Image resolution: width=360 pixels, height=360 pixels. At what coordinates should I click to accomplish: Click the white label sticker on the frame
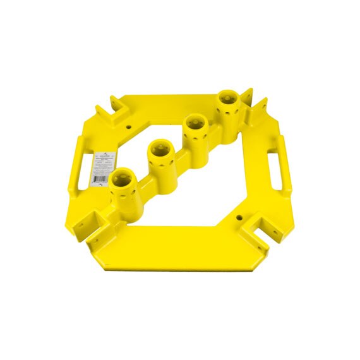point(101,166)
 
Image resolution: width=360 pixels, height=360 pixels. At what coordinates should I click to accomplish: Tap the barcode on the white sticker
point(99,179)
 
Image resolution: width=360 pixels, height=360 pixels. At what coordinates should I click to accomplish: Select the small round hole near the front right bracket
point(239,217)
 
